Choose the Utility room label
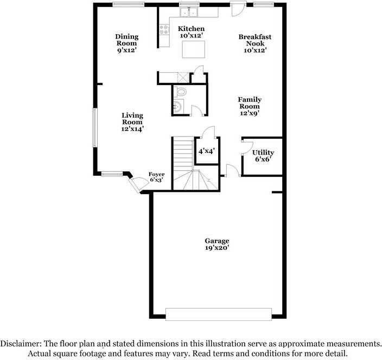263,156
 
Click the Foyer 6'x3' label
157,177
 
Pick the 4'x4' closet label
206,152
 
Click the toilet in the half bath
181,92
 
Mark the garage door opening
218,314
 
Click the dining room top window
129,5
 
